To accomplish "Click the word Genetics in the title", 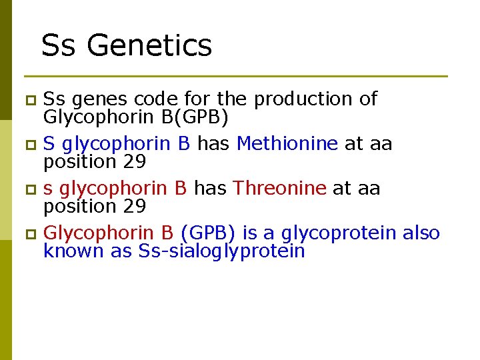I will [149, 46].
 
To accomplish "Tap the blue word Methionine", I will [287, 143].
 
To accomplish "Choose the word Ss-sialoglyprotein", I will [221, 251].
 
